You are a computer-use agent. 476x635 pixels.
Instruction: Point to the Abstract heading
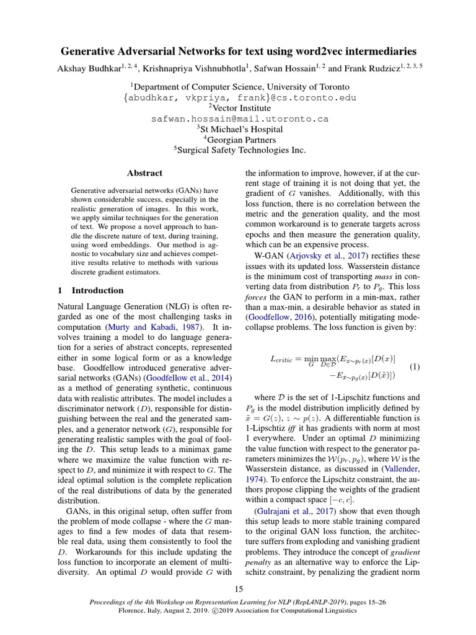144,173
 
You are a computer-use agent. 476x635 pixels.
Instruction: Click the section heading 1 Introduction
90,290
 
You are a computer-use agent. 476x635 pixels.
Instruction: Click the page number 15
239,588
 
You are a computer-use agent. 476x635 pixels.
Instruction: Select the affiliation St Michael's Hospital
240,129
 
